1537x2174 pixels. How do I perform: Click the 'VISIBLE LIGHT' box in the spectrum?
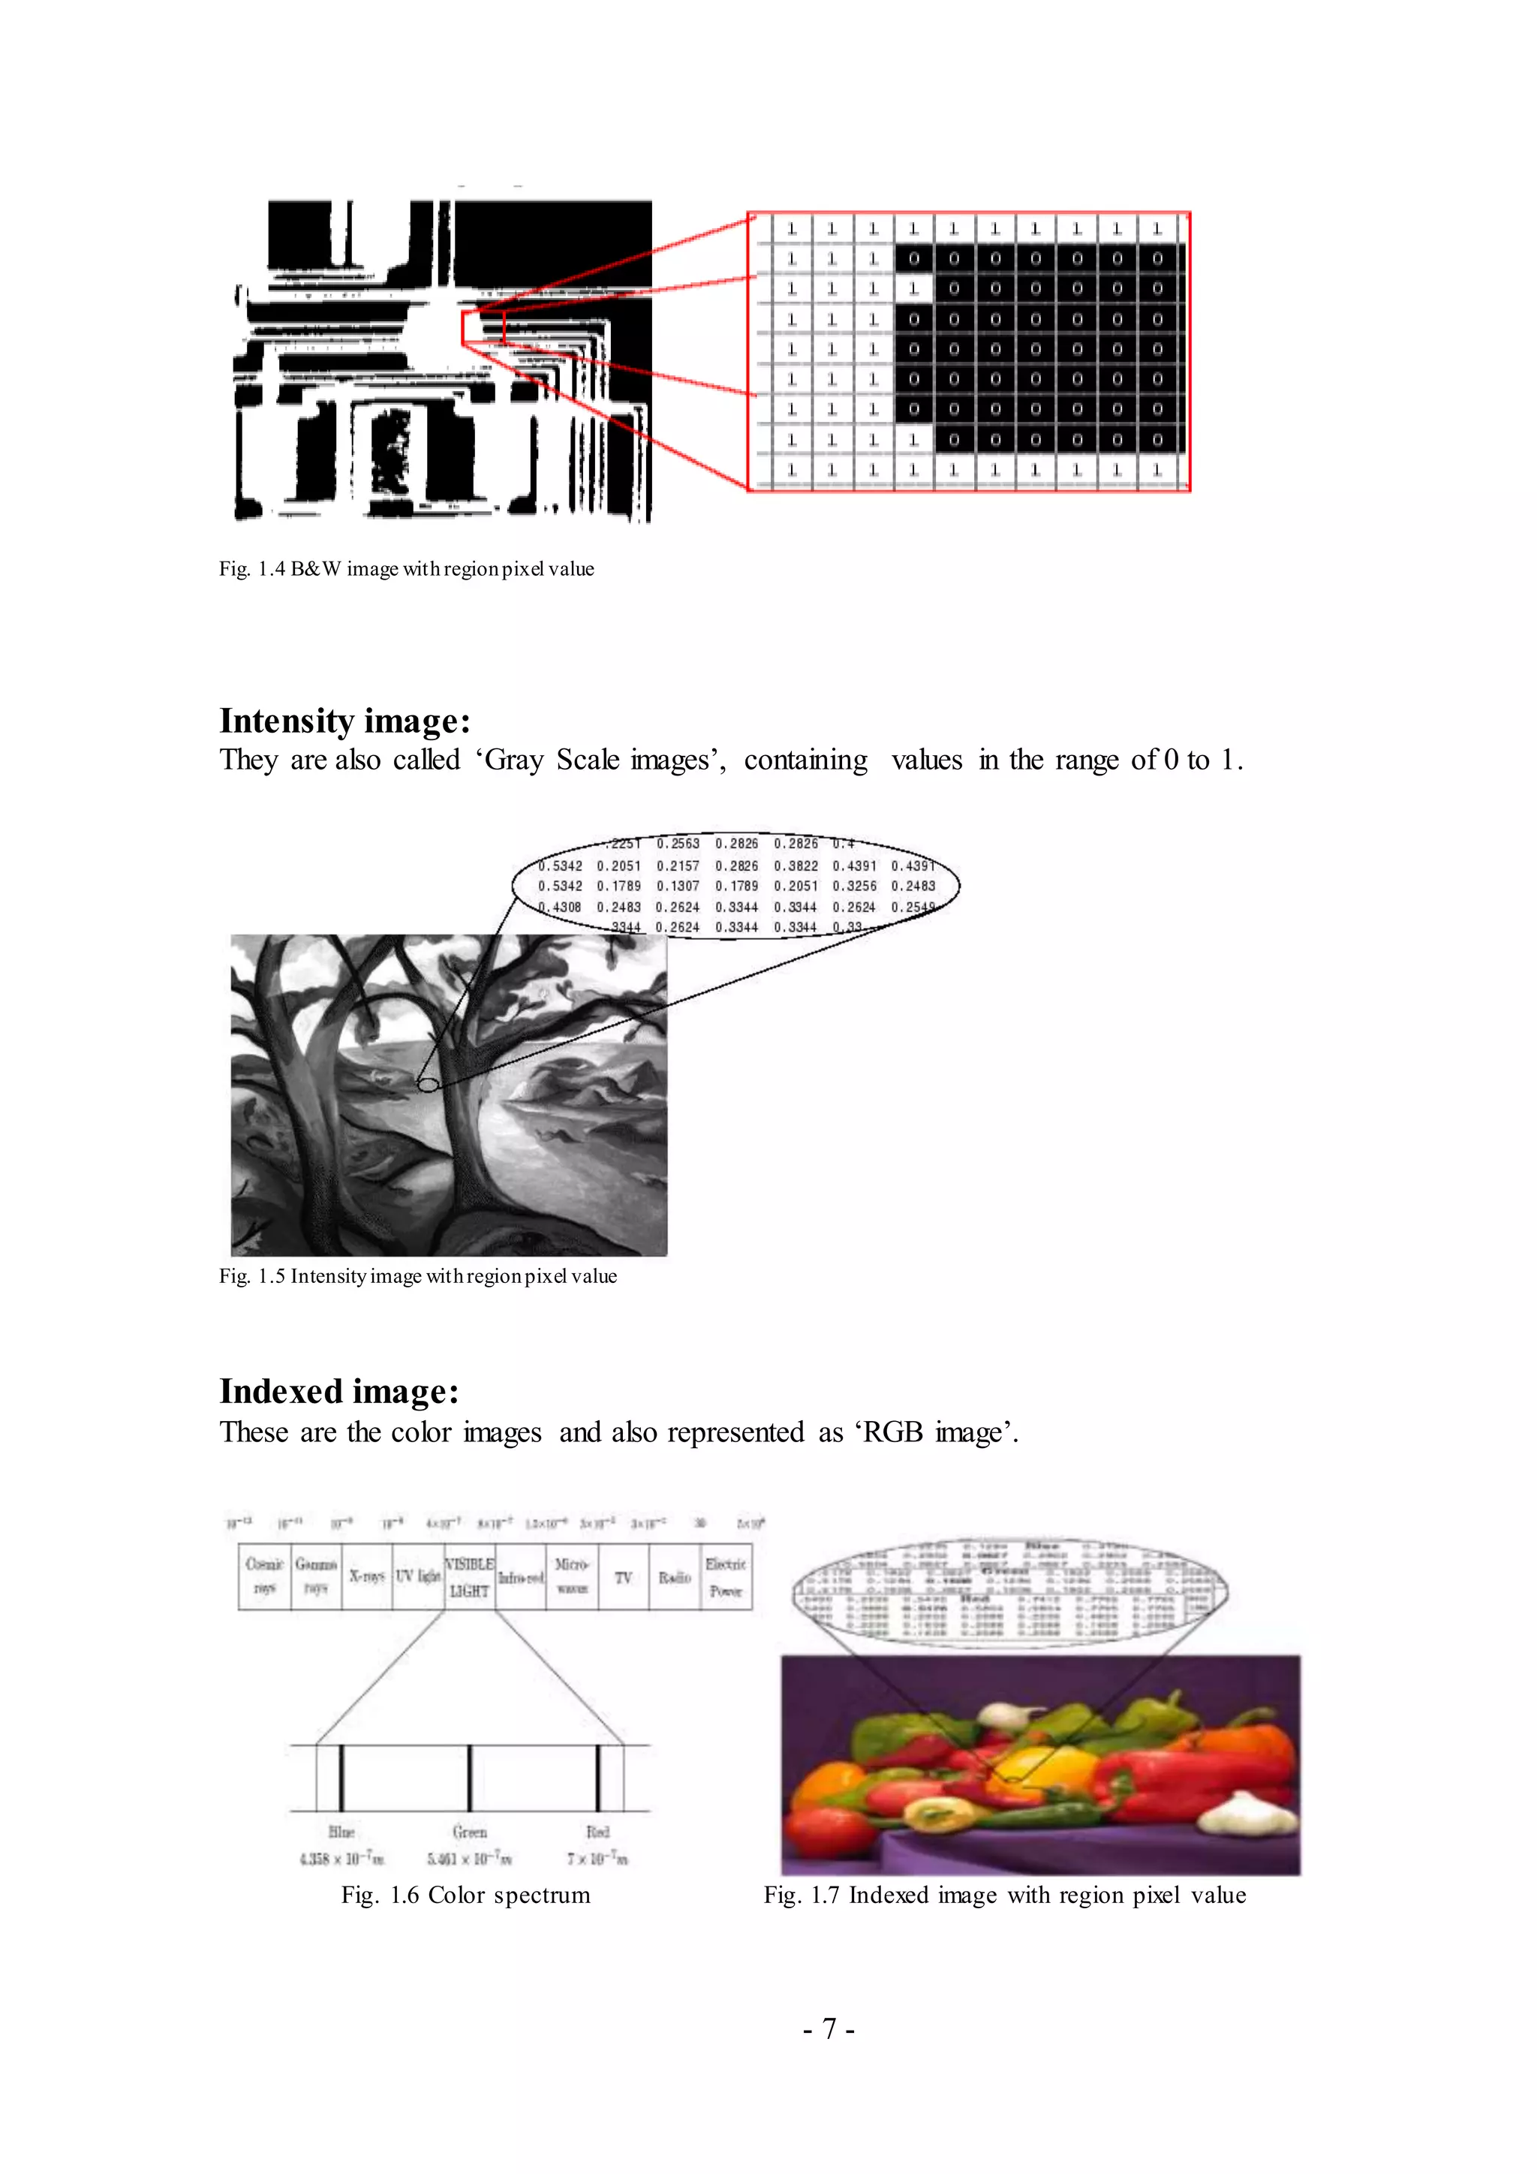(x=469, y=1576)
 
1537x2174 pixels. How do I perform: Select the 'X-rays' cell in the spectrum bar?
(x=366, y=1576)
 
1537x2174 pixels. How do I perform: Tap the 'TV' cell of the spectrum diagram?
(x=623, y=1576)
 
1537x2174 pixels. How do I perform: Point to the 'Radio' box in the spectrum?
(x=674, y=1576)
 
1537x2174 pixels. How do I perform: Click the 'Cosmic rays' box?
(x=264, y=1576)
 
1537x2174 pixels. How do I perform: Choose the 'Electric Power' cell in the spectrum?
(x=726, y=1576)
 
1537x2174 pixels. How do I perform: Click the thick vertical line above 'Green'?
(x=469, y=1778)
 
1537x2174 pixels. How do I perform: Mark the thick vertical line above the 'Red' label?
(x=598, y=1778)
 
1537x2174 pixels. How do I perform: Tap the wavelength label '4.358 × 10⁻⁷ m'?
(x=341, y=1859)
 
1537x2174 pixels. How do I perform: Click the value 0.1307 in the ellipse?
(x=678, y=887)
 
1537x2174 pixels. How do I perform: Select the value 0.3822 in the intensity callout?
(x=796, y=866)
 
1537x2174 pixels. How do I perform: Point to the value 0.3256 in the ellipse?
(x=855, y=887)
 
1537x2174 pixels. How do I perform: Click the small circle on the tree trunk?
(x=428, y=1084)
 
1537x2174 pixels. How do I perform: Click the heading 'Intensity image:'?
(x=344, y=721)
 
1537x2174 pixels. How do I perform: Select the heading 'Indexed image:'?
(x=338, y=1391)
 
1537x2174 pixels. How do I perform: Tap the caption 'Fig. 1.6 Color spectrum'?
(x=465, y=1895)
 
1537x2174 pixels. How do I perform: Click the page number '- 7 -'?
(x=829, y=2029)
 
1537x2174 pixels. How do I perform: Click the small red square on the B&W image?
(x=483, y=327)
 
